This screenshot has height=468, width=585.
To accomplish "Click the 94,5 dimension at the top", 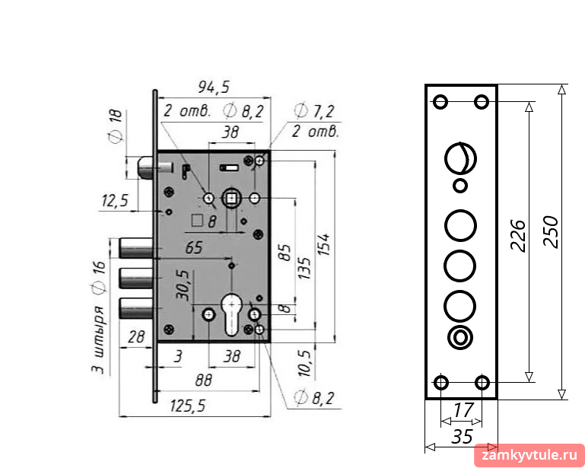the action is pyautogui.click(x=214, y=87).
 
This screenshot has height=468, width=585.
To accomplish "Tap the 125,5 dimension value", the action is pyautogui.click(x=188, y=406).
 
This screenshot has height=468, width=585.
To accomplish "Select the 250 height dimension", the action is pyautogui.click(x=552, y=232).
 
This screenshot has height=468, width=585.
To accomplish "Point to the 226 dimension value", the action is pyautogui.click(x=518, y=236).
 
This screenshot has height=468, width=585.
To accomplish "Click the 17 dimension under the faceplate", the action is pyautogui.click(x=463, y=409).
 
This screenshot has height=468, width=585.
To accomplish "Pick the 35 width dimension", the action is pyautogui.click(x=463, y=436).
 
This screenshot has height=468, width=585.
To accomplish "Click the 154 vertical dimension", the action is pyautogui.click(x=323, y=244).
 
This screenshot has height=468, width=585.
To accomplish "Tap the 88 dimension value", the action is pyautogui.click(x=203, y=380).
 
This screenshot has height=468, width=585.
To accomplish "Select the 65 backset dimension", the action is pyautogui.click(x=194, y=247).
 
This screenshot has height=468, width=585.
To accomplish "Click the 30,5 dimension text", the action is pyautogui.click(x=183, y=286).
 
